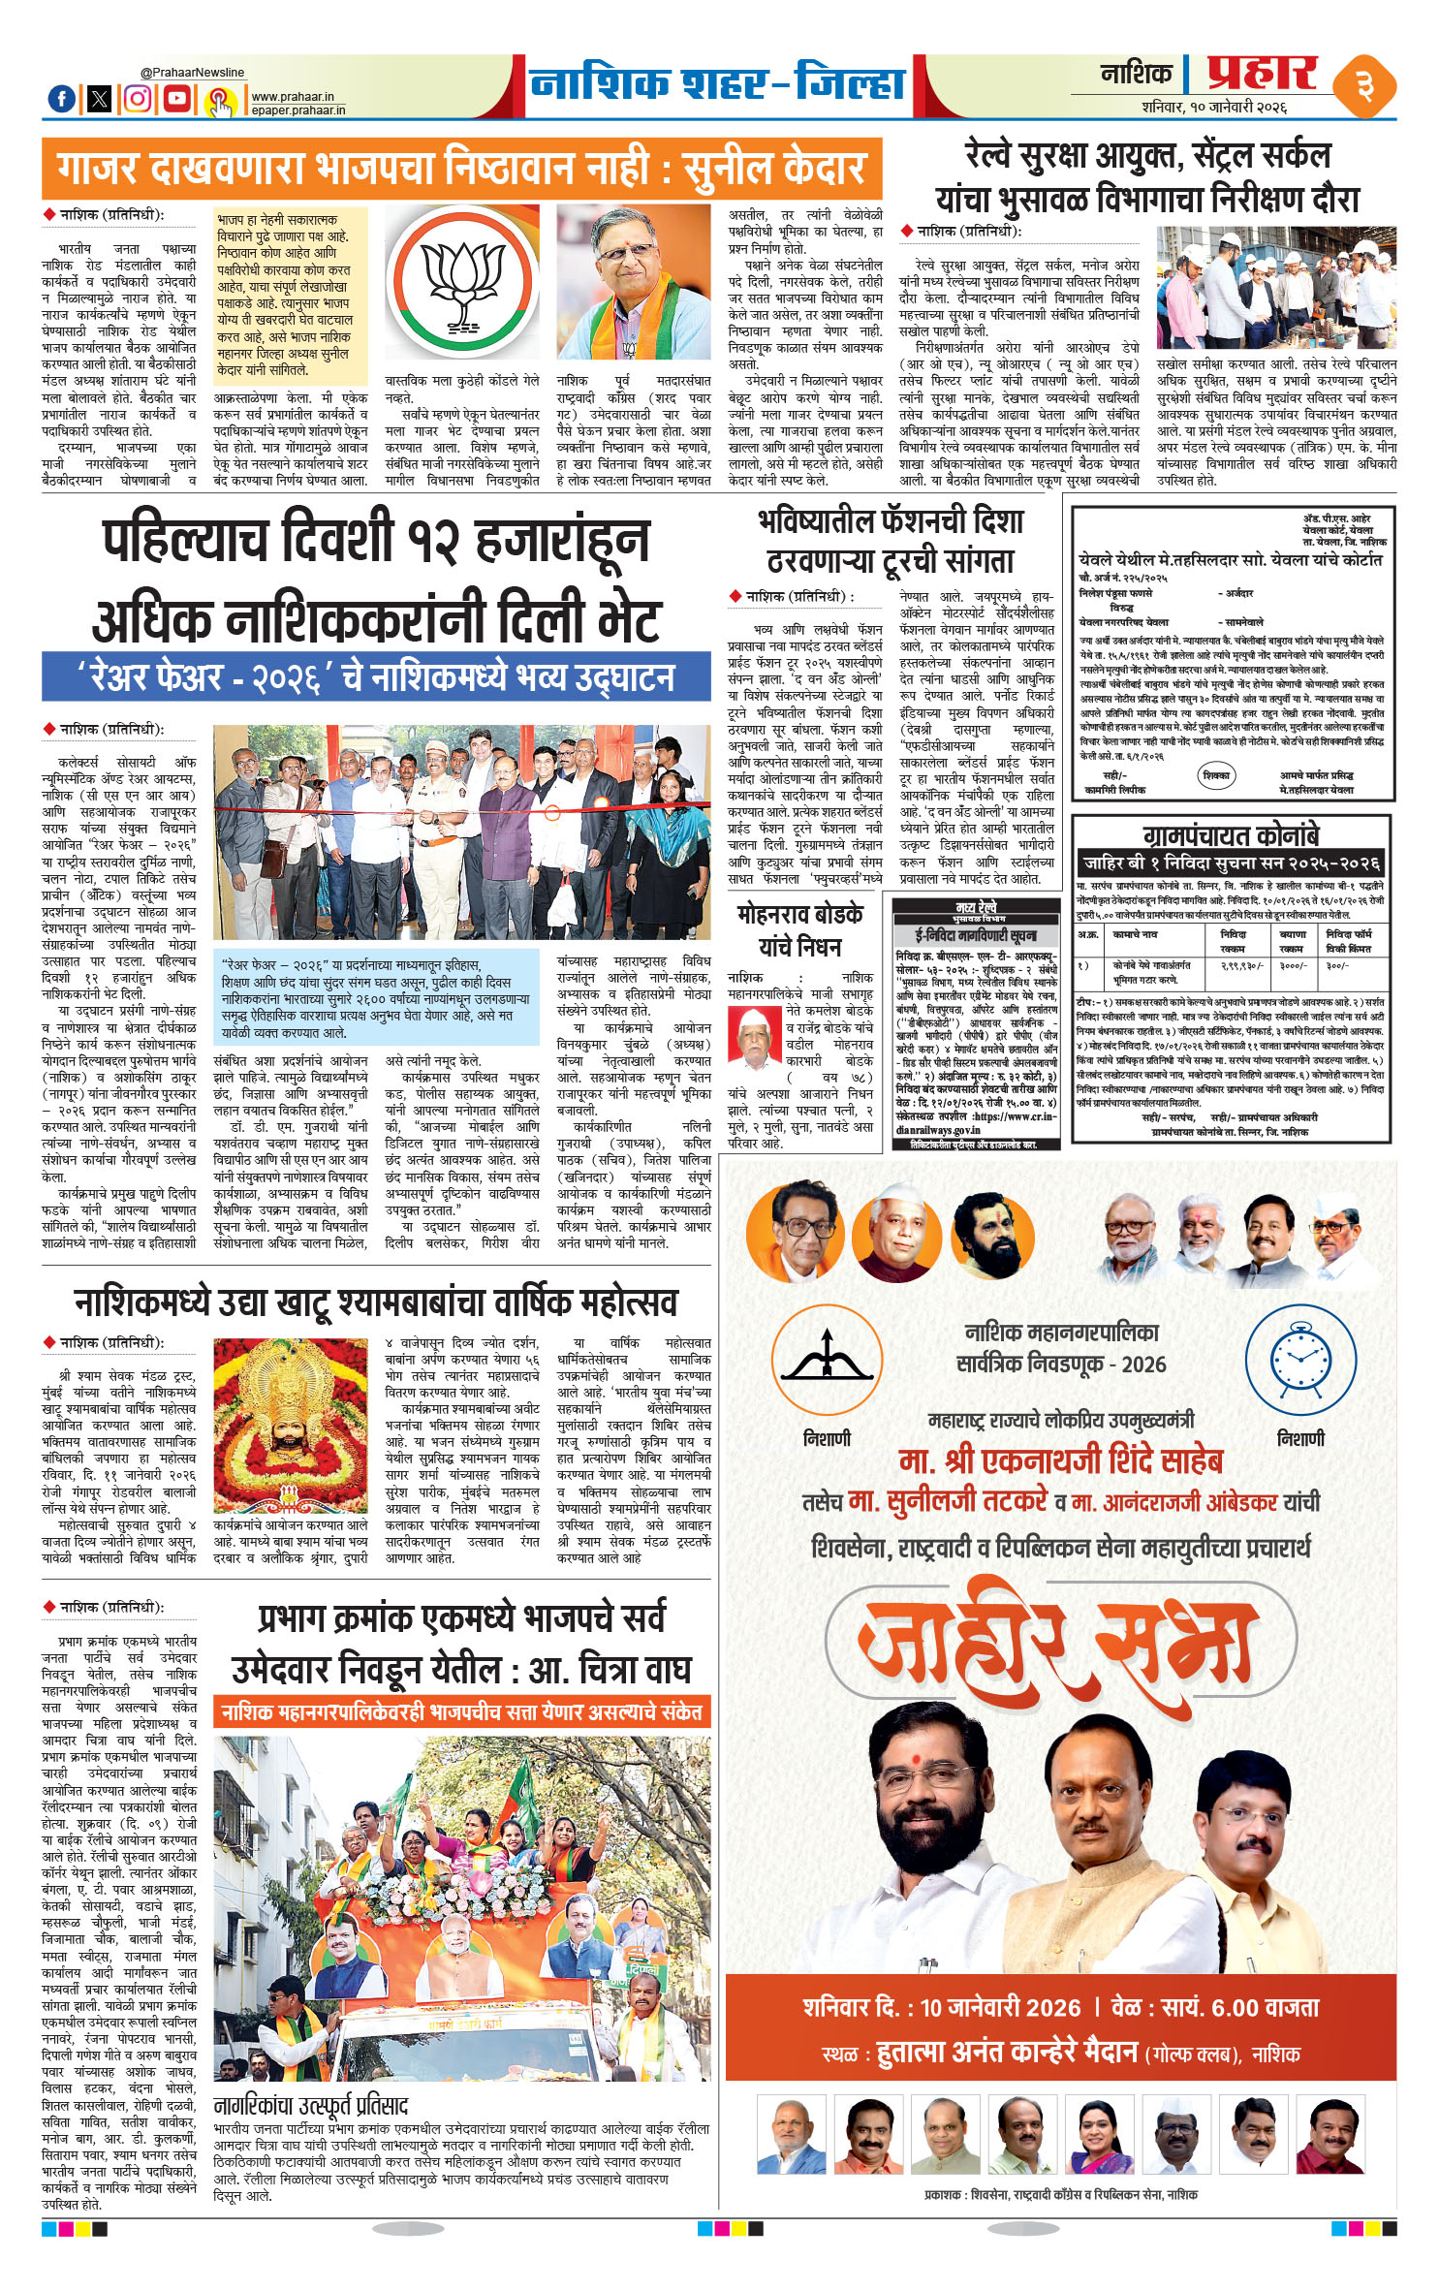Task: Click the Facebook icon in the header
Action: (61, 98)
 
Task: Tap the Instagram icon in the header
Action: (139, 98)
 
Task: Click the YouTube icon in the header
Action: (177, 98)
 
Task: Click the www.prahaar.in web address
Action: (292, 97)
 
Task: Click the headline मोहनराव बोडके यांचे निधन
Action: (799, 930)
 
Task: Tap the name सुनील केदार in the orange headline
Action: (773, 168)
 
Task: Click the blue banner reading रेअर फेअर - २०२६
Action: (376, 676)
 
